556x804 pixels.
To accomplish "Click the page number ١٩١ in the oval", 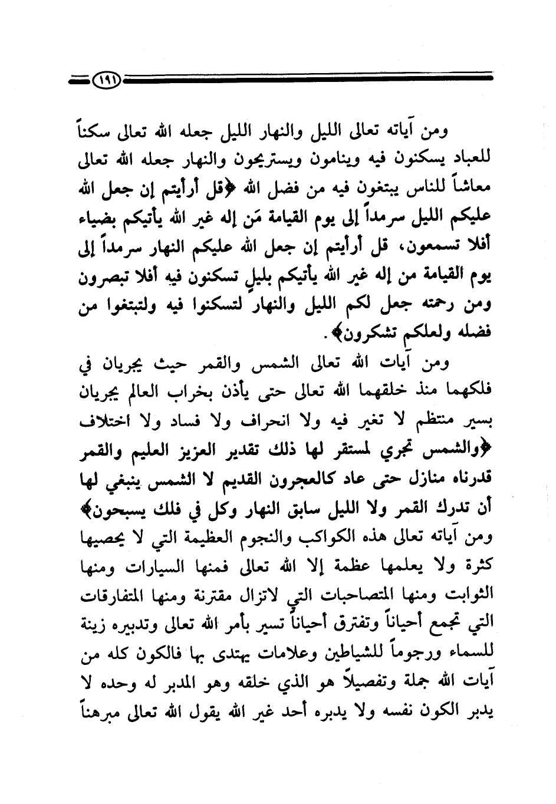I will (106, 78).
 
